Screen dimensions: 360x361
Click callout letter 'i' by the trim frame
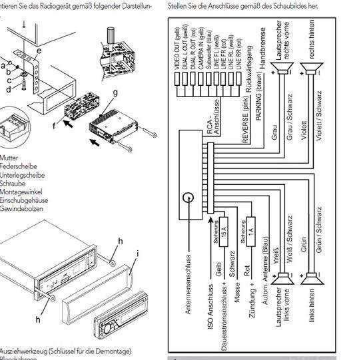(137, 254)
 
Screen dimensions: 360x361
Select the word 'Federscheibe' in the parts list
(19, 166)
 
